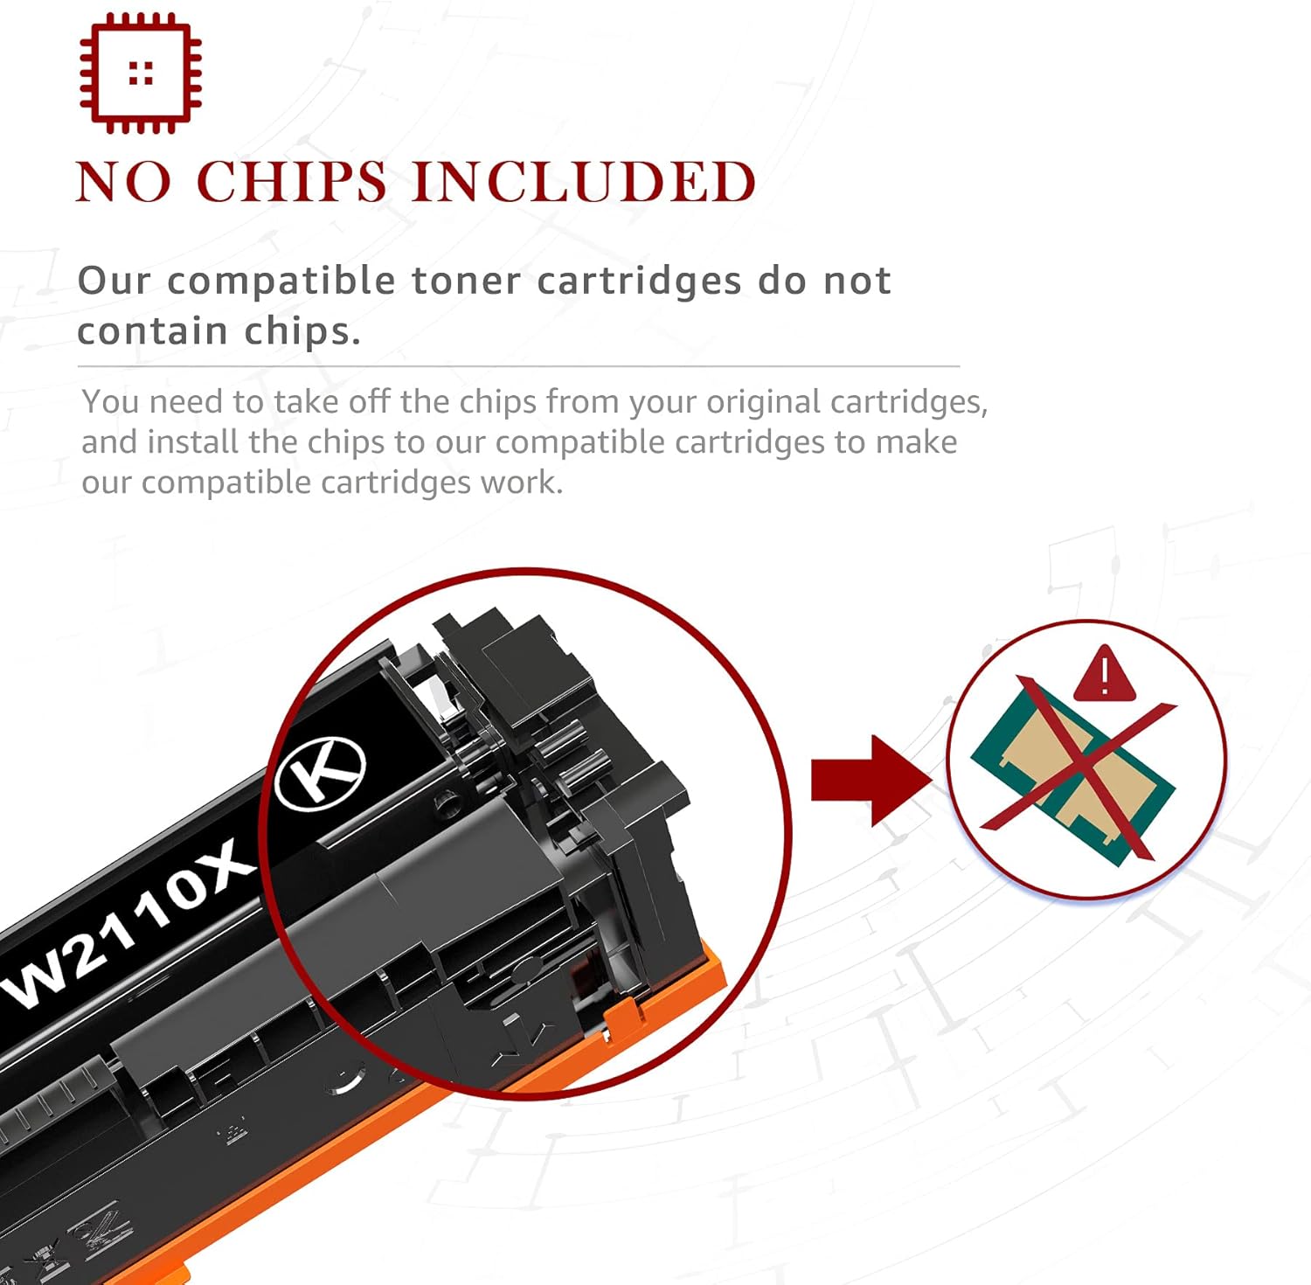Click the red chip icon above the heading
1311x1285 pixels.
coord(140,73)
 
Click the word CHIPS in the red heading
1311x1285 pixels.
coord(292,183)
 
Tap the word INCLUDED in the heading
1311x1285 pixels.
coord(583,183)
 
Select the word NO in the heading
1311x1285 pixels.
coord(123,183)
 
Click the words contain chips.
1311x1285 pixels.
coord(218,332)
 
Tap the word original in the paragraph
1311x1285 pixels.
coord(763,402)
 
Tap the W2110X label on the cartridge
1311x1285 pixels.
coord(131,927)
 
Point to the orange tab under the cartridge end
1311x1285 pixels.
coord(625,1014)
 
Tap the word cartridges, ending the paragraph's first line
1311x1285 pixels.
coord(908,402)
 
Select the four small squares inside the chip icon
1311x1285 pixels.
coord(141,73)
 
